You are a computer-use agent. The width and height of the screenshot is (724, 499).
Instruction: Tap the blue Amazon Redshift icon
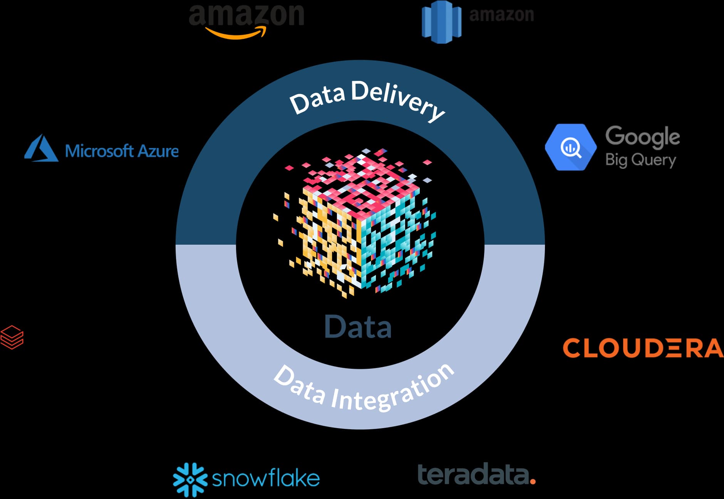(x=441, y=22)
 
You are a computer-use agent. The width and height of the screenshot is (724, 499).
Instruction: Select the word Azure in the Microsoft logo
(x=158, y=151)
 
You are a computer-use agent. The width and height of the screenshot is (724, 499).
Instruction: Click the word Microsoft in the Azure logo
(x=99, y=151)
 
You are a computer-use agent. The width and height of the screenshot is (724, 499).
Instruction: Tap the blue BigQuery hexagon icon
(x=570, y=147)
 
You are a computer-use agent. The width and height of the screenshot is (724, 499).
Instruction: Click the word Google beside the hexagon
(x=642, y=137)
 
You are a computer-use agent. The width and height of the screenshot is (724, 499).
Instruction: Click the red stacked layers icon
(x=12, y=337)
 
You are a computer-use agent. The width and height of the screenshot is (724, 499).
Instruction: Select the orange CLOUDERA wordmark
(x=642, y=348)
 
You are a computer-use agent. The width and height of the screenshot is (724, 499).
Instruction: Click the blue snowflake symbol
(x=190, y=479)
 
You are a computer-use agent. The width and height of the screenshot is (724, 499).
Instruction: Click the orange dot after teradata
(x=533, y=481)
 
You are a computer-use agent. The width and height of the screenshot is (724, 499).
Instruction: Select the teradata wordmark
(x=474, y=475)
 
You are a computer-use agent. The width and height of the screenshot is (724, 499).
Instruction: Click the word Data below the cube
(x=358, y=327)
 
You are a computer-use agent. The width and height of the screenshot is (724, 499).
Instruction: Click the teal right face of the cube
(x=393, y=239)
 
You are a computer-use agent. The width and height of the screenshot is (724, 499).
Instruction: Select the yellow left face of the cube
(x=327, y=239)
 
